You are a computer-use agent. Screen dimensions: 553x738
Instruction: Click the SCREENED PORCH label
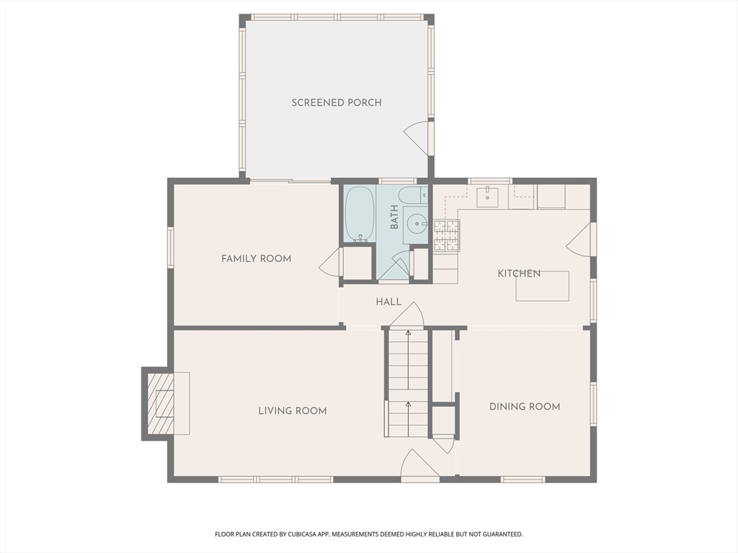337,102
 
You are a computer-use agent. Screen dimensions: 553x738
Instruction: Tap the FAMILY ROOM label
256,258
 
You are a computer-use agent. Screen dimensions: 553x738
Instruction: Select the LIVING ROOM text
293,411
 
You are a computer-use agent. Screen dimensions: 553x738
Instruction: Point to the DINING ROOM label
525,407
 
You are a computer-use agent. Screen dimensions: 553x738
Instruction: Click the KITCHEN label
519,274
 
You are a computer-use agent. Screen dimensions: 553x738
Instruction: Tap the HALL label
388,302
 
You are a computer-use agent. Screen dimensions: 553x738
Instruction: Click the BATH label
394,217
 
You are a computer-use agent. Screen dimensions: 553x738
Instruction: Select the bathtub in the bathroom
359,215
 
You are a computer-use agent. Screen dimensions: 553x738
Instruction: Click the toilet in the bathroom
414,195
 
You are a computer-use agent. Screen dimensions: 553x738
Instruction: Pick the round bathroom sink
416,223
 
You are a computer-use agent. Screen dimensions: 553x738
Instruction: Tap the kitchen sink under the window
488,195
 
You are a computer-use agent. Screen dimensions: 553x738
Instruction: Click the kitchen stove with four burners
446,235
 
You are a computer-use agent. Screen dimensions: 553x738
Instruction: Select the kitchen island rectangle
542,286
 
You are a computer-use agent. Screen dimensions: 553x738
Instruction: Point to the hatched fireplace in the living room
160,403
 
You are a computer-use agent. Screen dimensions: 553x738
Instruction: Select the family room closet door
330,263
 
